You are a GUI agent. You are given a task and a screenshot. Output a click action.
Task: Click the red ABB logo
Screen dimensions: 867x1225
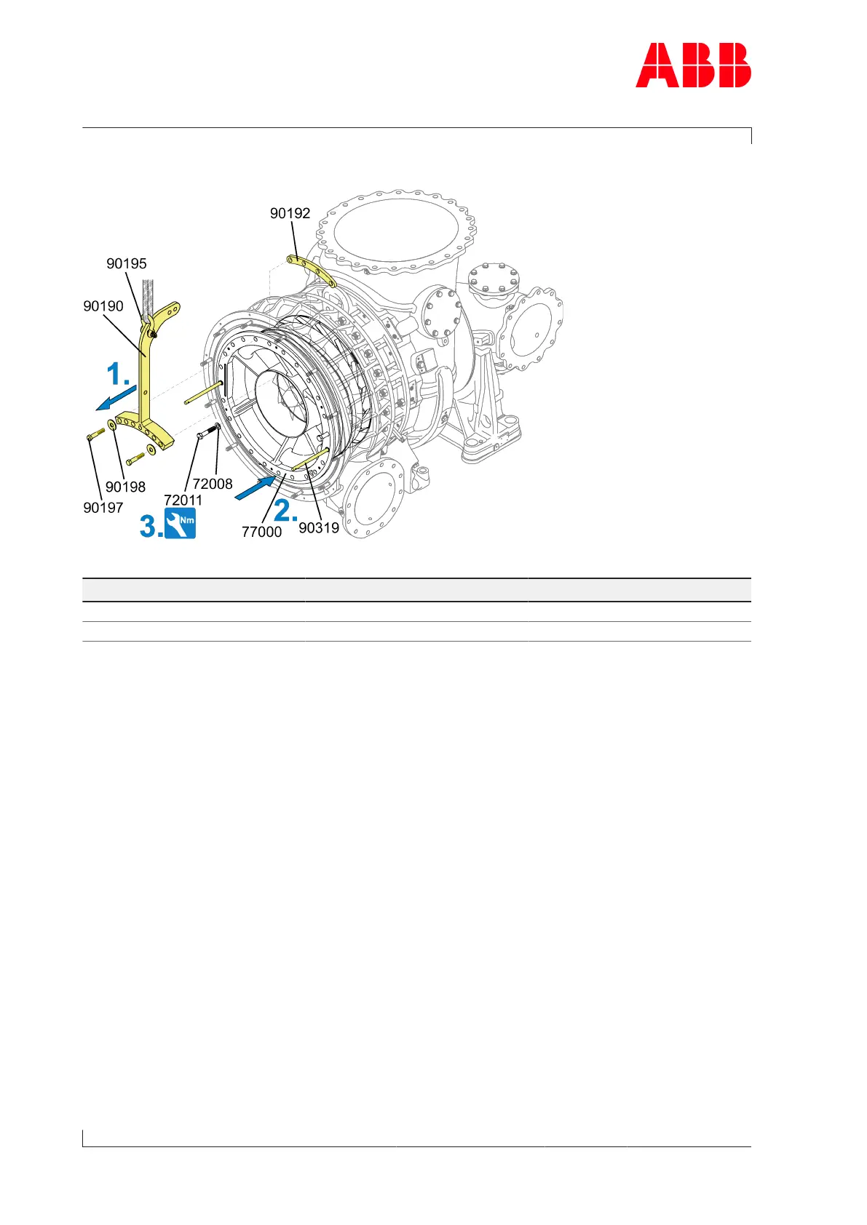pyautogui.click(x=693, y=65)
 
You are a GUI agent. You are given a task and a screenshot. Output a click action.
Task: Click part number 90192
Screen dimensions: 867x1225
pyautogui.click(x=290, y=213)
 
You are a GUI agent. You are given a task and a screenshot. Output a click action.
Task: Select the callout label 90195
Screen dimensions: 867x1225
pyautogui.click(x=127, y=263)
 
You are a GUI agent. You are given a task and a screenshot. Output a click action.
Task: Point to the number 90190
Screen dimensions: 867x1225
pyautogui.click(x=103, y=306)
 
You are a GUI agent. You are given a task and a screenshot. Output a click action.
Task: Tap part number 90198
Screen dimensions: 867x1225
pyautogui.click(x=125, y=487)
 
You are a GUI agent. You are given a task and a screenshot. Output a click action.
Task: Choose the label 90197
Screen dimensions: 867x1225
pyautogui.click(x=103, y=508)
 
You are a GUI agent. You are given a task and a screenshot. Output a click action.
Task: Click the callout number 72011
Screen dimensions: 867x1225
pyautogui.click(x=183, y=500)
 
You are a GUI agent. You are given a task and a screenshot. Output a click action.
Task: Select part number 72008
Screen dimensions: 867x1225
pyautogui.click(x=213, y=484)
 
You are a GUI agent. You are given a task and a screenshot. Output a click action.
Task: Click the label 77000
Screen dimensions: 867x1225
pyautogui.click(x=261, y=532)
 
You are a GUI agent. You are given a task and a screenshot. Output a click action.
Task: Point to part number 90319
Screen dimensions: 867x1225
pyautogui.click(x=319, y=527)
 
